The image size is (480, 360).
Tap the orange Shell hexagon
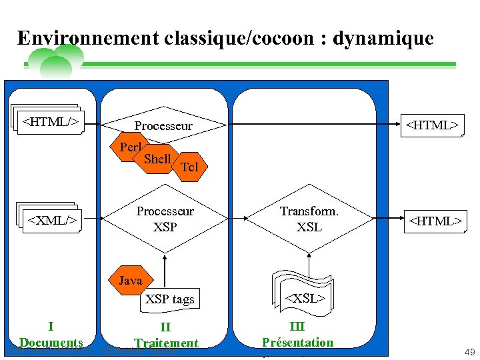click(157, 159)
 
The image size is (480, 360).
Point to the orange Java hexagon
click(130, 281)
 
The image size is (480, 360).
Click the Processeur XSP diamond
click(165, 219)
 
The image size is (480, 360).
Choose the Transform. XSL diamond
click(309, 219)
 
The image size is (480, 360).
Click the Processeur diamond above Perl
click(163, 126)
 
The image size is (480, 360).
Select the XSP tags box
click(169, 299)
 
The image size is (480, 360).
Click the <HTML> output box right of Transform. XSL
click(435, 221)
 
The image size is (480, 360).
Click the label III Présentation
click(297, 335)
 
